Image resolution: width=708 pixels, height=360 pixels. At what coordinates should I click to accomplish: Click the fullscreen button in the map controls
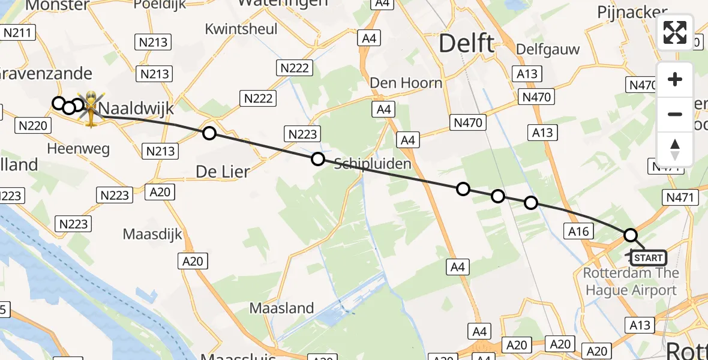click(x=675, y=32)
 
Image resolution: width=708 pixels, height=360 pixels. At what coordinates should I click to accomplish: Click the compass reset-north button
click(x=675, y=149)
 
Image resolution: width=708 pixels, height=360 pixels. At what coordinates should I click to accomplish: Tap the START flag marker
click(x=647, y=258)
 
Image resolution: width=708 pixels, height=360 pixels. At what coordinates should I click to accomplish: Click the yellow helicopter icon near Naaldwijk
click(x=91, y=108)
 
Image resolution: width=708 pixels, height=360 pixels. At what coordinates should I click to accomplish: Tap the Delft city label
click(x=467, y=44)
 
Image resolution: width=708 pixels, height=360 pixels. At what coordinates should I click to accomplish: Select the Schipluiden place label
click(x=369, y=164)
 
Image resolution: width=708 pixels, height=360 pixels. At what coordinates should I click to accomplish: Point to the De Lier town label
click(x=223, y=172)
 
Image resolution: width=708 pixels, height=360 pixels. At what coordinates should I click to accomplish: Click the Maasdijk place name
click(x=152, y=233)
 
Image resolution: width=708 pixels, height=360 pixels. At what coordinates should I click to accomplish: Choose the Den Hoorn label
click(x=406, y=83)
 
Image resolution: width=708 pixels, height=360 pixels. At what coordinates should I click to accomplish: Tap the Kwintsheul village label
click(x=241, y=29)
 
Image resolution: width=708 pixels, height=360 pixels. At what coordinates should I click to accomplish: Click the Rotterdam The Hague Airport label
click(x=631, y=282)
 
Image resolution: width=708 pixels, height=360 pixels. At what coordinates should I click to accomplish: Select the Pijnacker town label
click(x=632, y=12)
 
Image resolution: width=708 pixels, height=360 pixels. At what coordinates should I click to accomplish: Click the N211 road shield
click(x=19, y=32)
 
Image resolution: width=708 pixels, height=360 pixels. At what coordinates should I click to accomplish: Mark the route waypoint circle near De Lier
click(x=209, y=133)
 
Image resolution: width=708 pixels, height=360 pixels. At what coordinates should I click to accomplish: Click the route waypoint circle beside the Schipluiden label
click(x=318, y=159)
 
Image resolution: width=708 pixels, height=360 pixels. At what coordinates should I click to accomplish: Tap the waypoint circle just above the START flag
click(x=630, y=235)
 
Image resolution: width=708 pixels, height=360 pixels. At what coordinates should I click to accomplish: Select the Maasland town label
click(x=281, y=308)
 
